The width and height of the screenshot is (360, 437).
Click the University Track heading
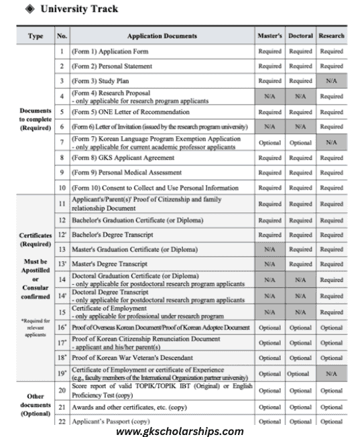tap(79, 9)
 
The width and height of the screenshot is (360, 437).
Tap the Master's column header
tap(269, 36)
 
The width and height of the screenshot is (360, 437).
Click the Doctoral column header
tap(300, 36)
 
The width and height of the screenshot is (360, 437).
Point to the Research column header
tap(331, 36)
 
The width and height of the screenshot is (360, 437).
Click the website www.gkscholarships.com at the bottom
tap(180, 430)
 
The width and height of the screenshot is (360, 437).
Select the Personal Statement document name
tap(110, 66)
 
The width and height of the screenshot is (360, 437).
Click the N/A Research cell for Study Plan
tap(331, 81)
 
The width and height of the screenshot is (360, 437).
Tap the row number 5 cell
tap(62, 112)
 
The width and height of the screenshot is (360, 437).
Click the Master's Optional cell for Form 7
tap(269, 143)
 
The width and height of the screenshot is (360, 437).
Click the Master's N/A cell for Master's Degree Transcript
tap(269, 264)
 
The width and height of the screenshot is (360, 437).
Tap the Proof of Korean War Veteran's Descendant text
tap(132, 358)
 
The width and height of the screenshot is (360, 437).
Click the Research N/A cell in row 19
tap(331, 373)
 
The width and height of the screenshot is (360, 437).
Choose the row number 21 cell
tap(62, 405)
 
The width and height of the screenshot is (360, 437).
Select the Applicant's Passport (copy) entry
tap(111, 421)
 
